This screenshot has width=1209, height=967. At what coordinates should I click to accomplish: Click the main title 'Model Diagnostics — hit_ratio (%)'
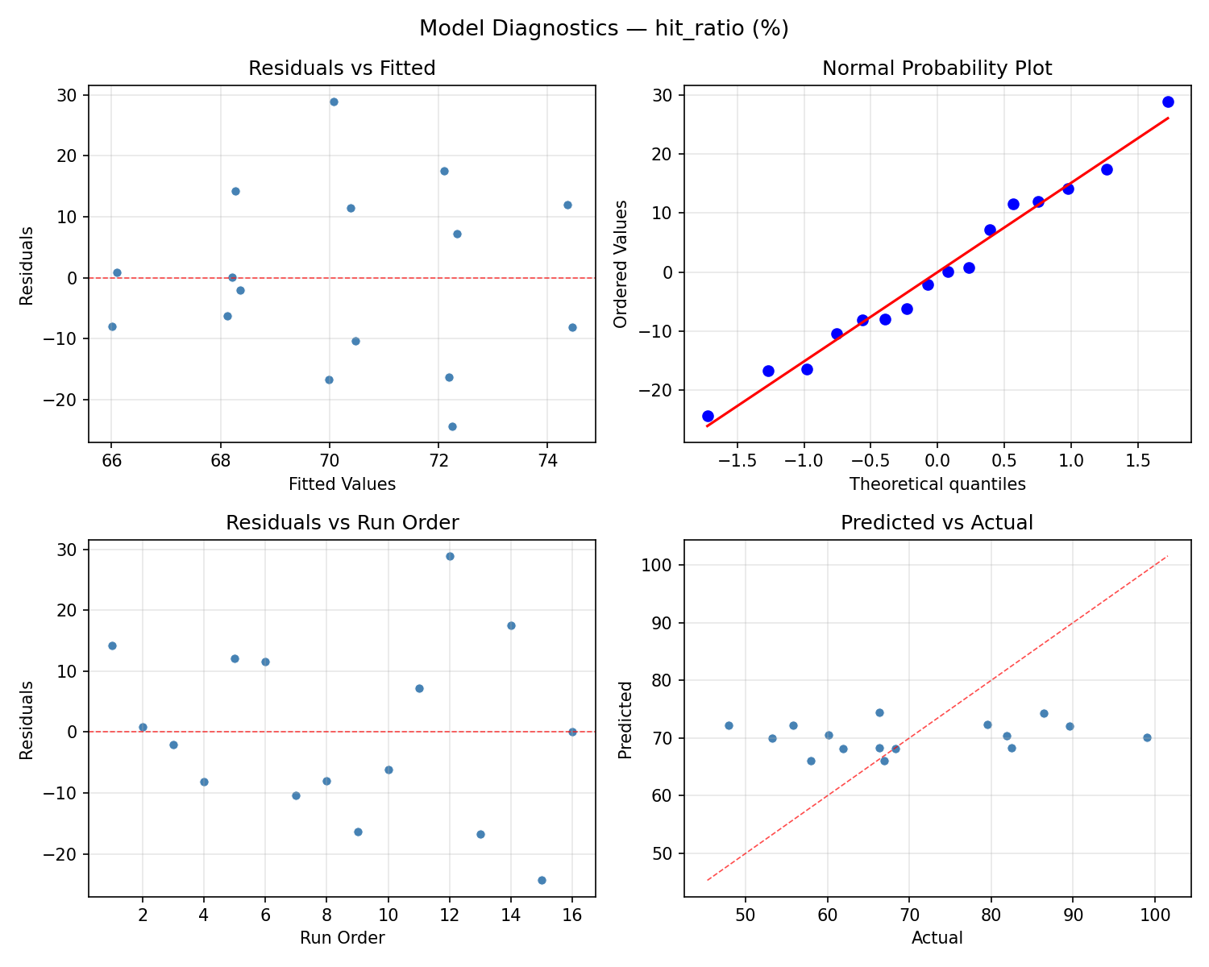click(x=604, y=29)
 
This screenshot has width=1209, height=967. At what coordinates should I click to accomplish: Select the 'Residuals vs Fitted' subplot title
click(x=342, y=68)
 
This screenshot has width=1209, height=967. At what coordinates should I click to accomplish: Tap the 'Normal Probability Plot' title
click(x=937, y=68)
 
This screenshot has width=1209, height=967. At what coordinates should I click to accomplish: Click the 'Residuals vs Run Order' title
click(x=342, y=523)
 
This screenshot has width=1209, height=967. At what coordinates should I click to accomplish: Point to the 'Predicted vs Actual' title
click(x=937, y=523)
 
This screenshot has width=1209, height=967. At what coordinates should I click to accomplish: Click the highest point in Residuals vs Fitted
click(x=334, y=102)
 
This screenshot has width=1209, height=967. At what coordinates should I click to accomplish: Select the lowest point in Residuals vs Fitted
click(x=452, y=426)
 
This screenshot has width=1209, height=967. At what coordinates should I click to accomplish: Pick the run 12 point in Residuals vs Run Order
click(x=450, y=556)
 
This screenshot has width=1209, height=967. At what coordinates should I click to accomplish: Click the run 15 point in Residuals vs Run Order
click(x=542, y=880)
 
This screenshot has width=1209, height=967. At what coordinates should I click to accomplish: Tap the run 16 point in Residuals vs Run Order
click(x=572, y=732)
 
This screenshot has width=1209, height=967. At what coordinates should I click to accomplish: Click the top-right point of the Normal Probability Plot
click(x=1168, y=102)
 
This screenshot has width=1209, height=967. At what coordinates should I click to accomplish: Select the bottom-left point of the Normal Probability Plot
click(x=708, y=416)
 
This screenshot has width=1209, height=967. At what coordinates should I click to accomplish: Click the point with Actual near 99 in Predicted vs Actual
click(x=1147, y=737)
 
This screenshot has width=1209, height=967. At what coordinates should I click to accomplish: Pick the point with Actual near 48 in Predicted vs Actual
click(x=729, y=725)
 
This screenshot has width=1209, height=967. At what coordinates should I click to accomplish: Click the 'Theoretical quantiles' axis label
click(x=937, y=484)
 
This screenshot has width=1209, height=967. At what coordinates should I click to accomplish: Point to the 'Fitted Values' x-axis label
click(x=342, y=484)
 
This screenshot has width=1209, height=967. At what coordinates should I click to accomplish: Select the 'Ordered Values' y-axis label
click(x=620, y=264)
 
